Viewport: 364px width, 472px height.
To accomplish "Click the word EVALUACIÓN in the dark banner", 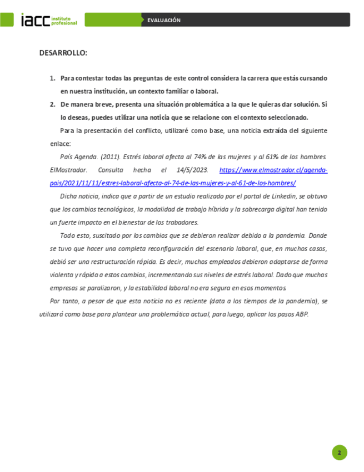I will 164,20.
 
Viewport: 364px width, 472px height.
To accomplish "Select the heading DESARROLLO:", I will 63,53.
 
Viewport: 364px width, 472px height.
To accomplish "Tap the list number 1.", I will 53,78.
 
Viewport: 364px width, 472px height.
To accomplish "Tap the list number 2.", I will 53,104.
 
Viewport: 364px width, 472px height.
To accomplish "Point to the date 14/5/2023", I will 193,170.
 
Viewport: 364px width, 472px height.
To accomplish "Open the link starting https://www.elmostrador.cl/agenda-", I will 273,170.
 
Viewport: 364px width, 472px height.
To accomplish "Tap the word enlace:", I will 59,144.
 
